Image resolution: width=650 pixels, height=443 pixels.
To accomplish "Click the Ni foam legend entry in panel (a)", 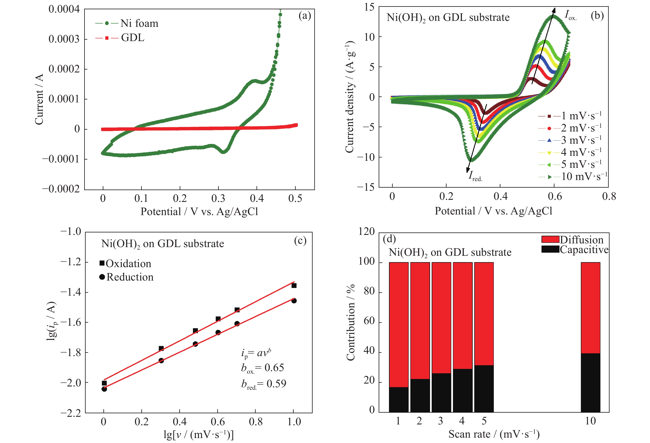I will [127, 23].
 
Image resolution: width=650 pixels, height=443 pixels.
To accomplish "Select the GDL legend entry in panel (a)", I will [120, 38].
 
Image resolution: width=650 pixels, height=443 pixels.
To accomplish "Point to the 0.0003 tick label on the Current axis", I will [64, 39].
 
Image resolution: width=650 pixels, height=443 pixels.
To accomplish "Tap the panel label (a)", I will [305, 16].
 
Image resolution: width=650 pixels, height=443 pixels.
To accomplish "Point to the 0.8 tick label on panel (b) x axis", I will [609, 197].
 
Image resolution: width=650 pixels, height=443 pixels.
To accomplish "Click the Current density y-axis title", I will [350, 97].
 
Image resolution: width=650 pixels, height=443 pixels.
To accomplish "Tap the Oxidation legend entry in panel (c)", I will [125, 263].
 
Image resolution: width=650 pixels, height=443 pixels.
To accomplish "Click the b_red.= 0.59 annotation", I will [264, 384].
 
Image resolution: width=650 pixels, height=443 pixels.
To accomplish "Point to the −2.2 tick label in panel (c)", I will [71, 413].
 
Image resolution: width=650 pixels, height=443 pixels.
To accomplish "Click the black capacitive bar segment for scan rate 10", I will [590, 382].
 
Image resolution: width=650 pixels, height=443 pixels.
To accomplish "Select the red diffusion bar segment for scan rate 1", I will [398, 325].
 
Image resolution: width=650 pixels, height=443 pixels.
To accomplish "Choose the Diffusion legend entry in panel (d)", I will [573, 239].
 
